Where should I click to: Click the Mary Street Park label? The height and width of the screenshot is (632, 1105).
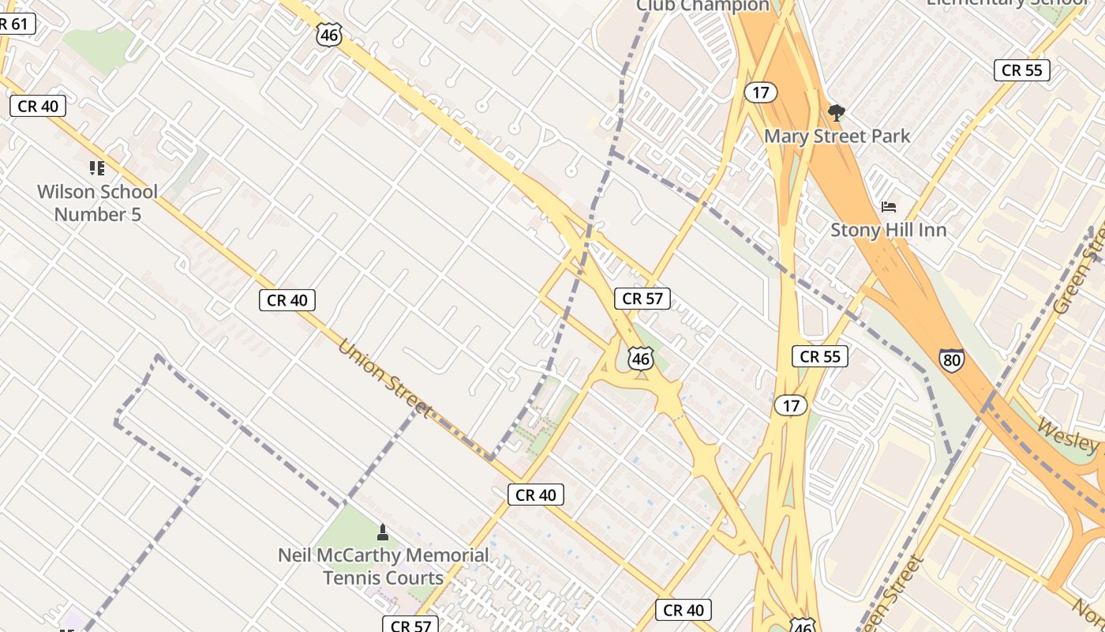(837, 136)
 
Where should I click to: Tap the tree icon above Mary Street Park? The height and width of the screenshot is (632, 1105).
(836, 113)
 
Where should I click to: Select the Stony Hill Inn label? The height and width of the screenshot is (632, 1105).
(888, 230)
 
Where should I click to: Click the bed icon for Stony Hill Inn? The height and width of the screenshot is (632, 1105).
(889, 207)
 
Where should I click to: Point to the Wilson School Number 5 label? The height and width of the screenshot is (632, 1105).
(98, 203)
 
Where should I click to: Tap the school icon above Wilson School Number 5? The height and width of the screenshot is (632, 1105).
(97, 167)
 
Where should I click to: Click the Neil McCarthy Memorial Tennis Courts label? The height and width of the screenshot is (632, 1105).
(384, 566)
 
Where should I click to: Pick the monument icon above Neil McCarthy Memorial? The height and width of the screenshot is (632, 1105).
(383, 532)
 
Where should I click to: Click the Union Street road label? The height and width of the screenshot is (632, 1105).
(386, 378)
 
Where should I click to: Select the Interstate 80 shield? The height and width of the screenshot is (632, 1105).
(951, 360)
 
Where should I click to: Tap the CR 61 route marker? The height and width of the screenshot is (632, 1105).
(16, 24)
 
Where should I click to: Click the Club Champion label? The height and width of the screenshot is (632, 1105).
(702, 6)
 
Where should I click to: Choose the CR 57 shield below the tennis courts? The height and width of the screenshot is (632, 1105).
(410, 625)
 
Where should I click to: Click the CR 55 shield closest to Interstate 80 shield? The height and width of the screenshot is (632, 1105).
(820, 356)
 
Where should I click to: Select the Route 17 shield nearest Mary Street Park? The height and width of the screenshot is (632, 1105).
(760, 92)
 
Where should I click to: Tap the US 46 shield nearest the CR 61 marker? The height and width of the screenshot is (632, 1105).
(329, 34)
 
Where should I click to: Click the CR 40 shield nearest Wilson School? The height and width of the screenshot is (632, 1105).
(38, 106)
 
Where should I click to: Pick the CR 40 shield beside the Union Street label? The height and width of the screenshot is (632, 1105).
(287, 299)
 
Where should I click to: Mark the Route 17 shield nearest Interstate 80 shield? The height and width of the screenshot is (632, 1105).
(791, 406)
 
